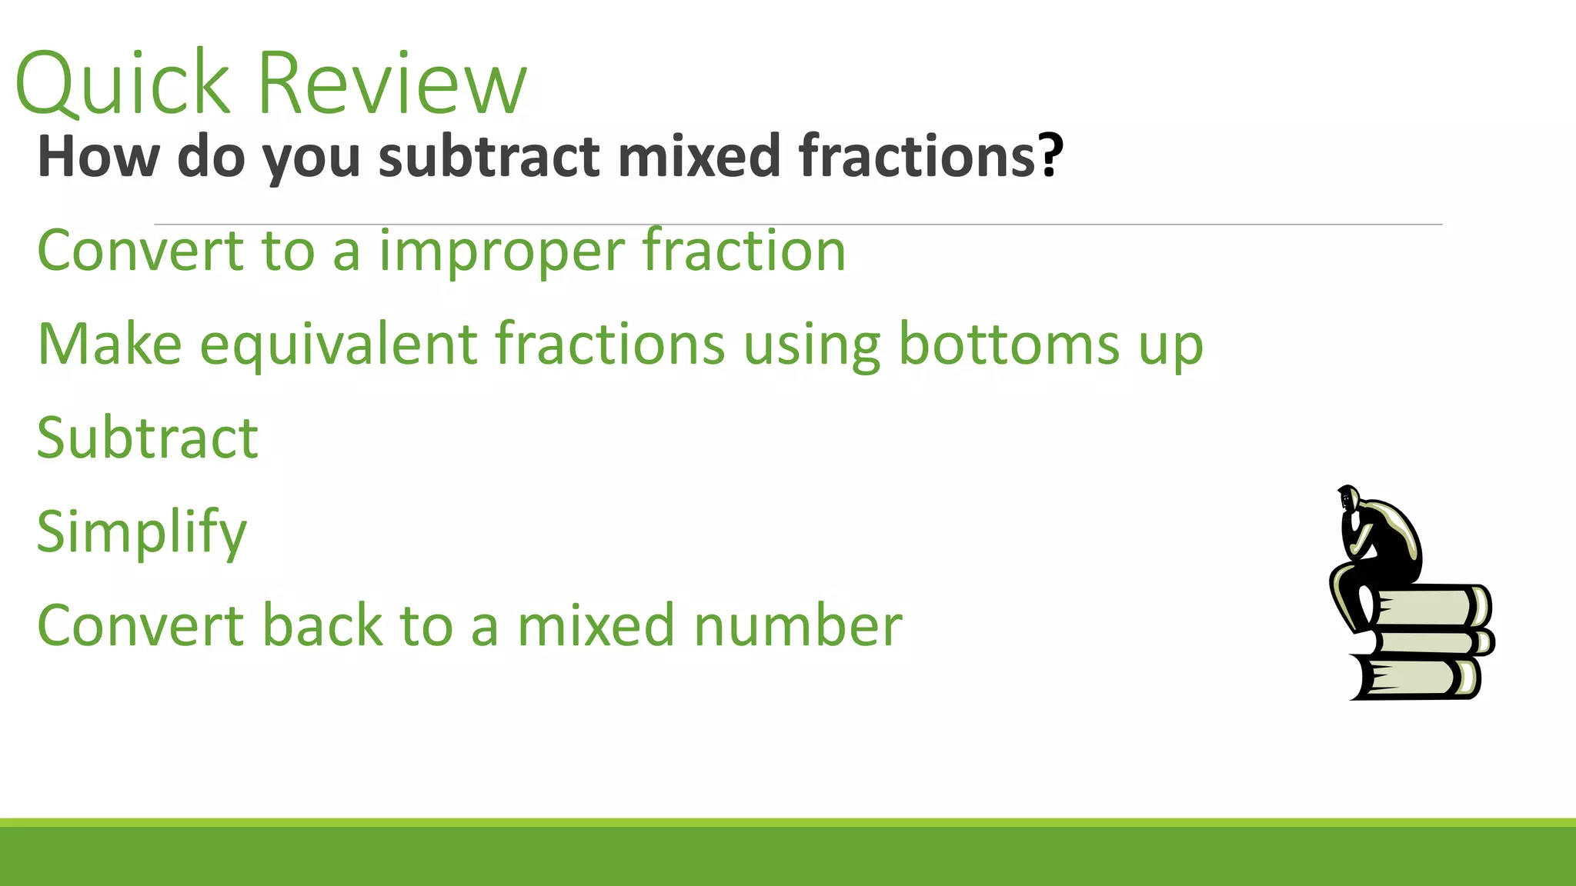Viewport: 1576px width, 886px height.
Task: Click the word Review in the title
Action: click(x=392, y=83)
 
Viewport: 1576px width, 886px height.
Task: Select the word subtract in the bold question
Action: click(x=489, y=156)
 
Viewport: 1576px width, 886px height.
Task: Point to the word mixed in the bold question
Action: click(x=699, y=156)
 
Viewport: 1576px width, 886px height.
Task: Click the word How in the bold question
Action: click(x=98, y=156)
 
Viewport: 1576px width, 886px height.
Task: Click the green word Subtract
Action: click(x=148, y=438)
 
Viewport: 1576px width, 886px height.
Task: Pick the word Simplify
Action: click(x=142, y=532)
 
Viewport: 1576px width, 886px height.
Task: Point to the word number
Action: click(x=798, y=625)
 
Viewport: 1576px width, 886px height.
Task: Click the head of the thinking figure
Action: click(x=1348, y=499)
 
